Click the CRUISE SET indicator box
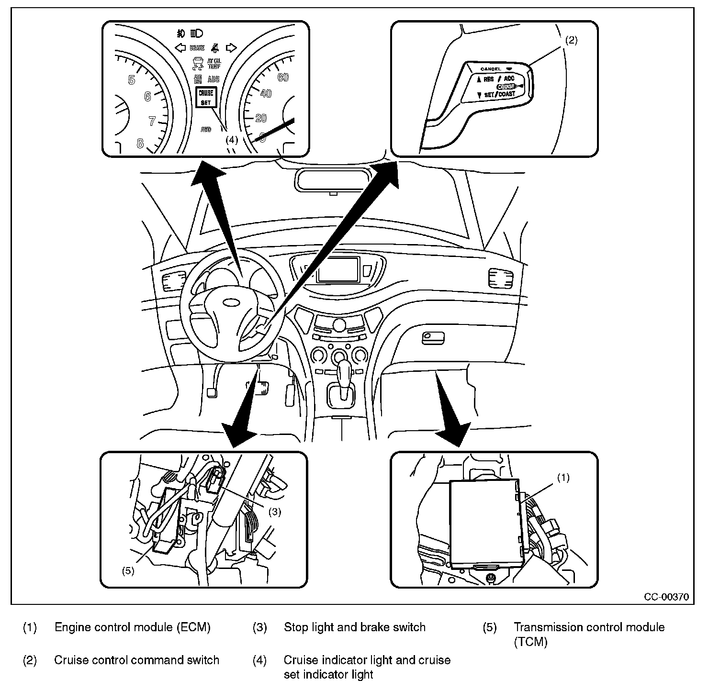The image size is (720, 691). point(206,97)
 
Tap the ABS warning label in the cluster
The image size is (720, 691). point(214,79)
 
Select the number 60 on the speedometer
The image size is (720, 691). point(283,77)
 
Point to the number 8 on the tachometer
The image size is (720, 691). point(140,143)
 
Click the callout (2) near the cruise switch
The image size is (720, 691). point(572,41)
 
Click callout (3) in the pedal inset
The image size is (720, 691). point(274,512)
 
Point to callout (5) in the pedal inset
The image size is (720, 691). point(128,571)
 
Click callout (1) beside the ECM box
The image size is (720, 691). point(564,478)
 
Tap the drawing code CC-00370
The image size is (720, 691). point(666,597)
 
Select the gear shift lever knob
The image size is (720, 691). point(344,371)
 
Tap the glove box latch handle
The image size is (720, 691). point(432,338)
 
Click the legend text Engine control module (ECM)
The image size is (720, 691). point(132,627)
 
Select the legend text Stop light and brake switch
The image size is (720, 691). point(354,627)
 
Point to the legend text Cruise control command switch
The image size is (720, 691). point(136,660)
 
